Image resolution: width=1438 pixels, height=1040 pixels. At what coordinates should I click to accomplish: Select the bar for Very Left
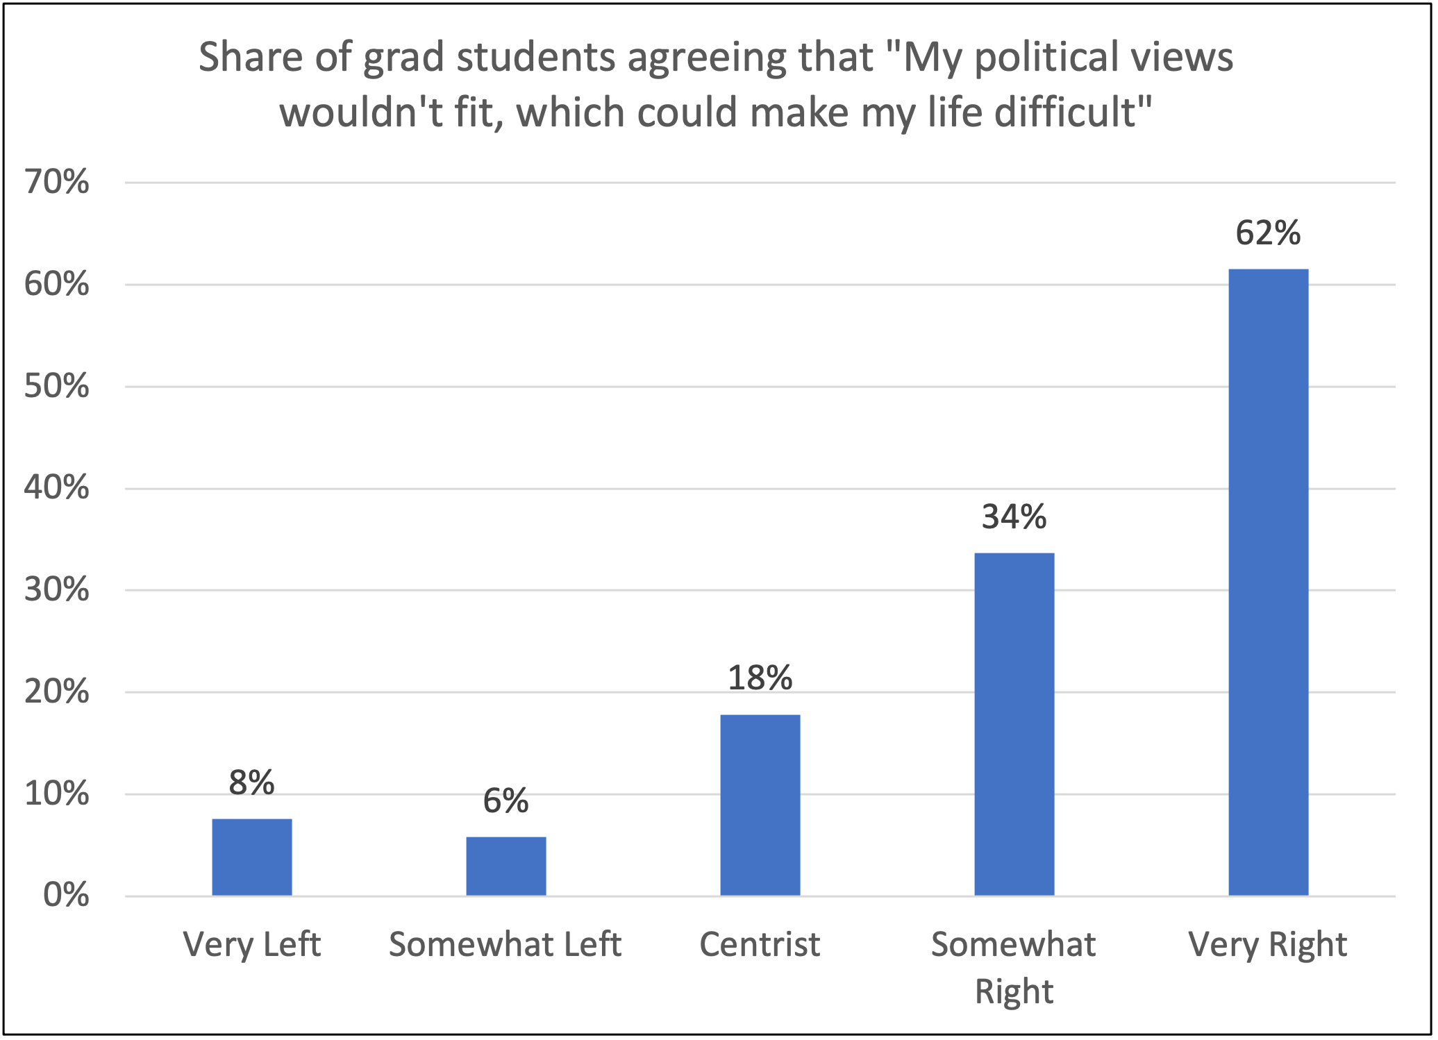pos(251,857)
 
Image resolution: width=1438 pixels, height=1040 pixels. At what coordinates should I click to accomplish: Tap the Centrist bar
pos(760,805)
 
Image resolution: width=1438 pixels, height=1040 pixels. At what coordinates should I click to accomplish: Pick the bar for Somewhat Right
pos(1014,724)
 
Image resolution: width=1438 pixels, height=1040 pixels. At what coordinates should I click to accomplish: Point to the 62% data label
pos(1268,233)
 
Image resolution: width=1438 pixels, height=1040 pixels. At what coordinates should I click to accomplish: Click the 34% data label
pos(1014,517)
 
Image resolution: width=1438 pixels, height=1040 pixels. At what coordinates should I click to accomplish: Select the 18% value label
pos(760,678)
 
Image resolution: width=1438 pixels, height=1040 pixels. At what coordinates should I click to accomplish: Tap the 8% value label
pos(251,783)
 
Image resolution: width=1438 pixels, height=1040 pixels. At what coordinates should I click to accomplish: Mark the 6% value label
pos(505,801)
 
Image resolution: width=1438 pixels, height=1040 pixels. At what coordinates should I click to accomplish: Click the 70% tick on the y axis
pos(57,183)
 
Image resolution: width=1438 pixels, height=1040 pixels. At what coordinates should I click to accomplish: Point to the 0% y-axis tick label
pos(66,896)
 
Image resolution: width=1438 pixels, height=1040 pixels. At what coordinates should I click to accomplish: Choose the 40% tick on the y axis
pos(57,488)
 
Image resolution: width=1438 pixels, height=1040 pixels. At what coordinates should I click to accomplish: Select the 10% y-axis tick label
pos(57,794)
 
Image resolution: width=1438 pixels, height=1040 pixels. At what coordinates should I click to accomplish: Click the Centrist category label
pos(760,945)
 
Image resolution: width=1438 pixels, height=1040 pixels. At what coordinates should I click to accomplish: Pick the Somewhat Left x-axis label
pos(505,945)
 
